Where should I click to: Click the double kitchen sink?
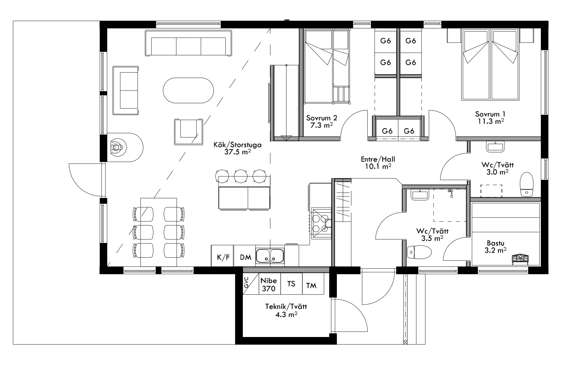click(x=270, y=255)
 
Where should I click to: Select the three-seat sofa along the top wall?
click(x=189, y=43)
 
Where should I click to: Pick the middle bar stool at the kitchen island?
click(x=241, y=176)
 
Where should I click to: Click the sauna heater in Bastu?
click(x=520, y=259)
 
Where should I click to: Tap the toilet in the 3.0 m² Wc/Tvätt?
click(x=527, y=184)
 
